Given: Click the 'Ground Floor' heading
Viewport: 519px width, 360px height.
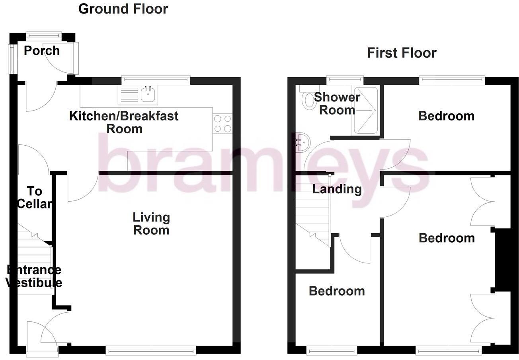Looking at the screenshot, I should click(123, 9).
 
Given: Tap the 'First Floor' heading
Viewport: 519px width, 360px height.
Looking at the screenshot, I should click(401, 53).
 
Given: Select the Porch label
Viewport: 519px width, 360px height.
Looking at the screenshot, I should click(41, 51).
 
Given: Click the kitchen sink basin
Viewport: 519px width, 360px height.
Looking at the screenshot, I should click(148, 95).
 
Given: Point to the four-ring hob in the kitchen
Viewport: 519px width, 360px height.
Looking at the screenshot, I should click(222, 123).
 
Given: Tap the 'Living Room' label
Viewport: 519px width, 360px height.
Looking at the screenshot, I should click(151, 224).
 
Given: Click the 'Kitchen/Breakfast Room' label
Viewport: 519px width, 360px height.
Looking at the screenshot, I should click(124, 122).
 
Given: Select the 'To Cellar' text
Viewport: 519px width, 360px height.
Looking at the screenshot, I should click(35, 197).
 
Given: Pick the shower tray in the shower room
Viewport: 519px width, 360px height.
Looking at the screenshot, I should click(365, 110).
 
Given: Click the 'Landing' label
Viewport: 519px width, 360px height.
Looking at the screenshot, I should click(337, 189).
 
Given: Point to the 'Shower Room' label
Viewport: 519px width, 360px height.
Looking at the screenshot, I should click(337, 103).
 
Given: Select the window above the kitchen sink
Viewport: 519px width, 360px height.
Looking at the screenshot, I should click(156, 80).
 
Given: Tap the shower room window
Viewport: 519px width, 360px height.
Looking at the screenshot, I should click(345, 80).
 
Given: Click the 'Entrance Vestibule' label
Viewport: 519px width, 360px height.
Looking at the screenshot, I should click(34, 276).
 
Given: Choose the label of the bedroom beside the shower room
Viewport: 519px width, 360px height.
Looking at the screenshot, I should click(446, 116).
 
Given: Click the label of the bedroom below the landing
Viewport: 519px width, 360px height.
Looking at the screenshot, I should click(337, 291).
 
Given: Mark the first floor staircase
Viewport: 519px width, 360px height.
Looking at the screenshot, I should click(312, 211).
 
